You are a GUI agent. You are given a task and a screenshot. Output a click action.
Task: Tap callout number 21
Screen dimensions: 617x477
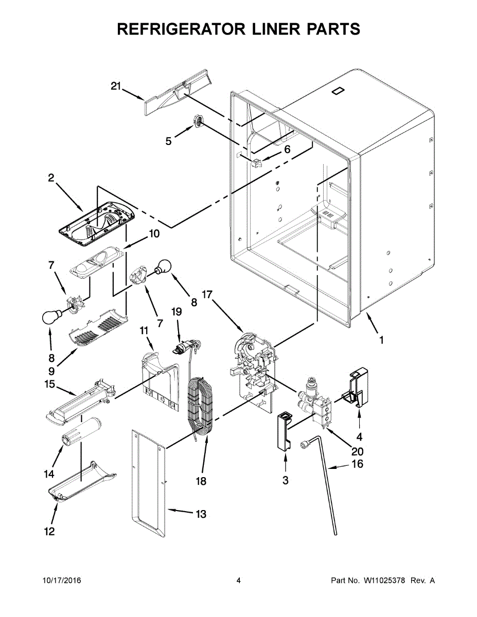pos(116,86)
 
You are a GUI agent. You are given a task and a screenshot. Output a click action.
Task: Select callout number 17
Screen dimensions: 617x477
pos(207,295)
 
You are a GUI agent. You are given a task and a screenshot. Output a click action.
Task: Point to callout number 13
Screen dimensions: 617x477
pos(200,514)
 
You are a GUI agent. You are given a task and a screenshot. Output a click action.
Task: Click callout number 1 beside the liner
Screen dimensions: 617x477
pos(381,340)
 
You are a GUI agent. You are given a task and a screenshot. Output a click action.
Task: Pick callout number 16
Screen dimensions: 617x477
pos(357,464)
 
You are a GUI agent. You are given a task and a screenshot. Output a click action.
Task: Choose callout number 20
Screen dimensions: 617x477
pos(357,452)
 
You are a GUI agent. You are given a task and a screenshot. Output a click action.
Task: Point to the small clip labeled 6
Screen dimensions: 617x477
pos(257,164)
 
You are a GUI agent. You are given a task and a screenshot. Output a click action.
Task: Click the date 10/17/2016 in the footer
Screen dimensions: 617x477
pos(61,580)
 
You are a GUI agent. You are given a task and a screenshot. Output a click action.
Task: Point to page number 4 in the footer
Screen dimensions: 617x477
pos(239,580)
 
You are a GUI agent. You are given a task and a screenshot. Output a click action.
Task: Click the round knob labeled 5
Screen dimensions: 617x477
pos(198,122)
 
